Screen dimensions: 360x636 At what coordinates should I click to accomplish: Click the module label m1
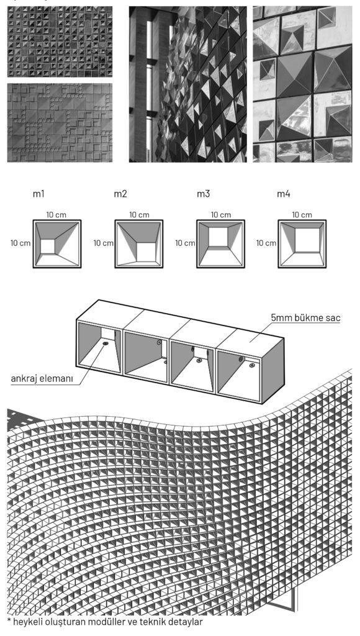point(38,194)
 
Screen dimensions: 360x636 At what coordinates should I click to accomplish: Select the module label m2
point(120,194)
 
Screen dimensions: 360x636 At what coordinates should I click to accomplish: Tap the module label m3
point(203,194)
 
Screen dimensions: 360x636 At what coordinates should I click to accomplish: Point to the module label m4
point(284,194)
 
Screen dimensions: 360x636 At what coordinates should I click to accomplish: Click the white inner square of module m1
point(47,246)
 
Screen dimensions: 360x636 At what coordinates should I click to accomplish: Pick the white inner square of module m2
point(146,252)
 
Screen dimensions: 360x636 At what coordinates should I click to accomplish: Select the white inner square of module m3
point(218,237)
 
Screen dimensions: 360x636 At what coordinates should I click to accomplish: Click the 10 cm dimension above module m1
point(56,214)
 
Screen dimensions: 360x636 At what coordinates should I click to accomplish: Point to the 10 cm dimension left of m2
point(104,243)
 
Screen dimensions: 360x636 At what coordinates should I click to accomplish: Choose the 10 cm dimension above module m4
point(302,214)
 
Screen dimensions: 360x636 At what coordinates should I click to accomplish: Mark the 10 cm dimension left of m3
point(185,243)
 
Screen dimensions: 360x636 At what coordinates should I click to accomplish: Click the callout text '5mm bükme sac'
point(306,318)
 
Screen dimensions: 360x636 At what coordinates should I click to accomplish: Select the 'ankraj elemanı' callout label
point(42,379)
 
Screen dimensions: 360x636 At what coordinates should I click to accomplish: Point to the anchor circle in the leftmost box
point(106,344)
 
